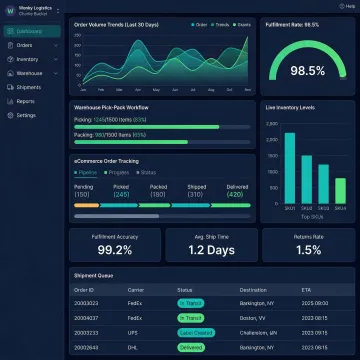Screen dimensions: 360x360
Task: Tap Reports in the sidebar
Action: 26,101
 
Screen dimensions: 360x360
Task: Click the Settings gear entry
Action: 27,115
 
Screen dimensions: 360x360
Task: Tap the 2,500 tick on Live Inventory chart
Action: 271,125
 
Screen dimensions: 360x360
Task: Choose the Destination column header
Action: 255,290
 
